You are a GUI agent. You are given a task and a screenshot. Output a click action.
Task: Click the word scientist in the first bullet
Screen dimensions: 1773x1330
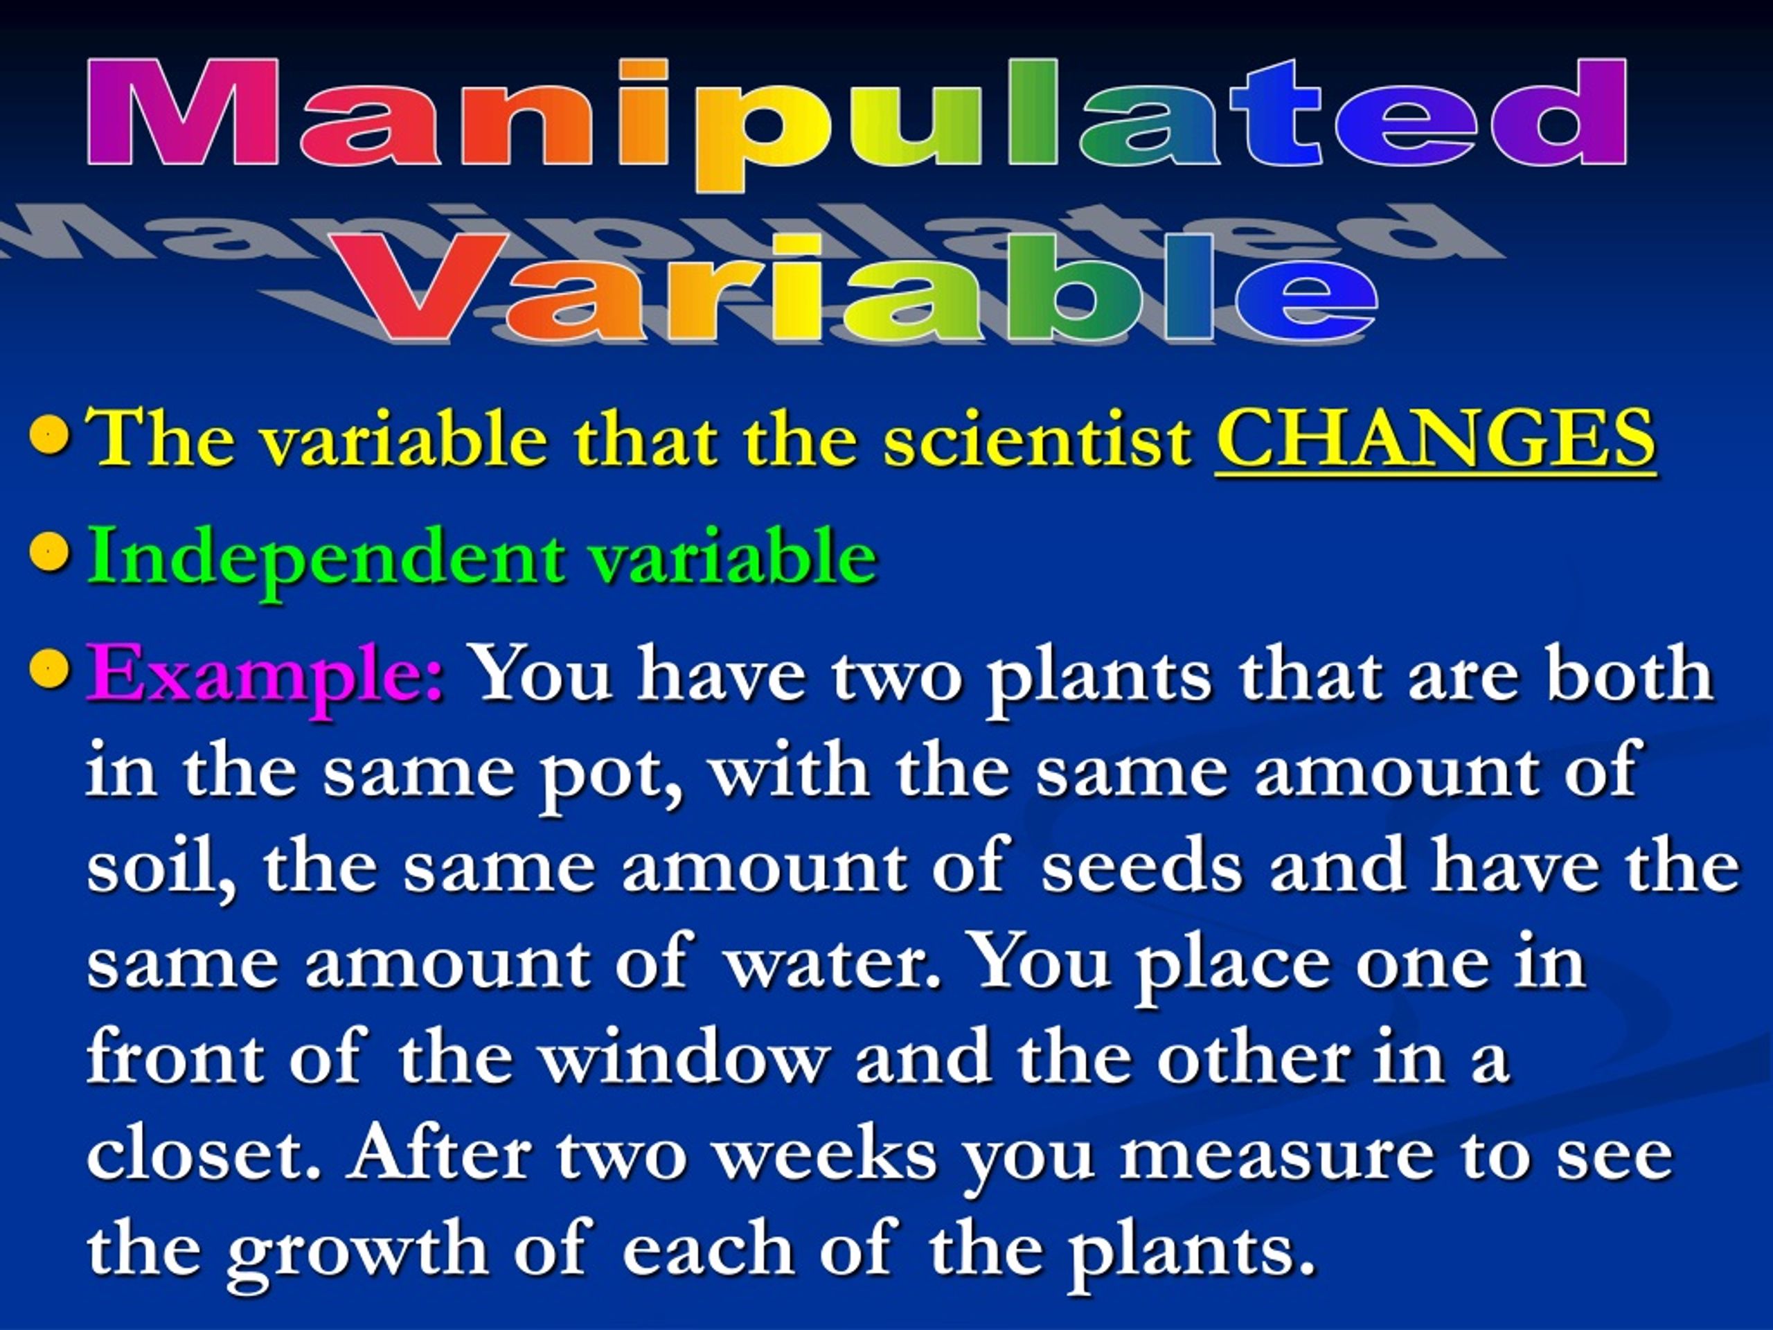[1038, 439]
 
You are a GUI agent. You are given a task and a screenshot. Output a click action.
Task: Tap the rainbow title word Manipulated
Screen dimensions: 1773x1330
[857, 121]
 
